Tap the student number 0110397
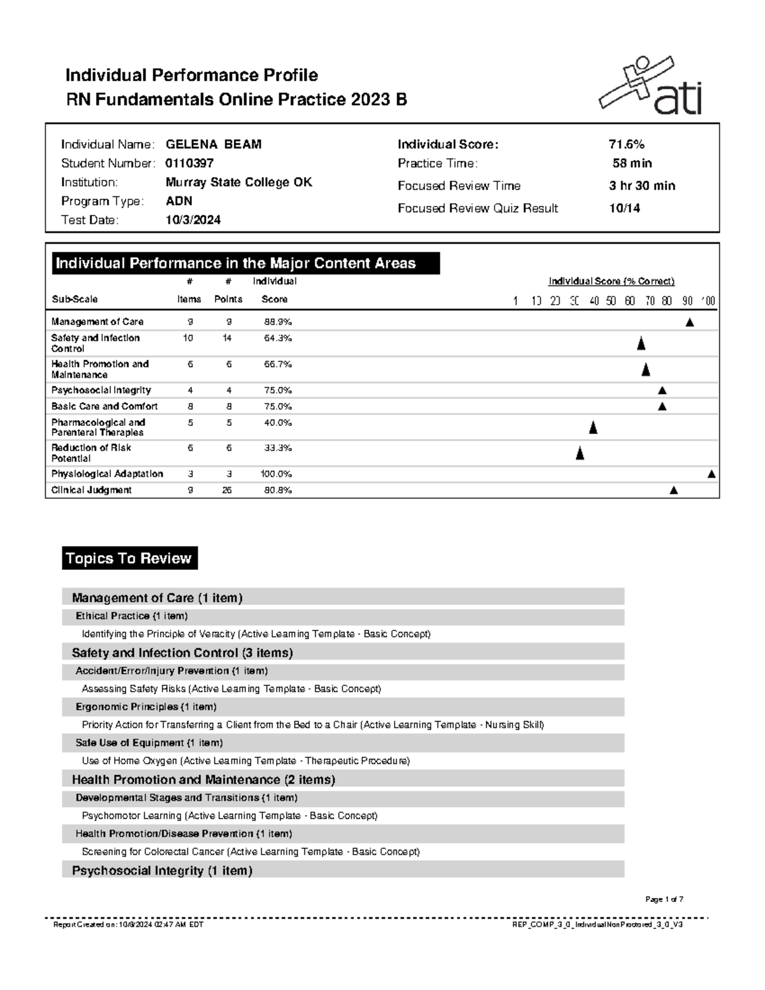tap(189, 163)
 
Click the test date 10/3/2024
tap(193, 220)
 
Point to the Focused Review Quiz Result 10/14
tap(624, 208)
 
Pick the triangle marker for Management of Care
tap(689, 323)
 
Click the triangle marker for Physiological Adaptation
tap(711, 474)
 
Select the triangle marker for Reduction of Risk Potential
tap(579, 454)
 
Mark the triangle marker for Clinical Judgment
tap(673, 490)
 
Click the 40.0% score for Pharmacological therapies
tap(278, 423)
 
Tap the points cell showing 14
tap(228, 338)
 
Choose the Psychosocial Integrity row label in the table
tap(101, 390)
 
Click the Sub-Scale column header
tap(75, 299)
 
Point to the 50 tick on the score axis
tap(611, 301)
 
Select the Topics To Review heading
tap(129, 558)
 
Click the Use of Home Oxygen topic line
tap(245, 761)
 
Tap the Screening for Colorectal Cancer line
tap(251, 852)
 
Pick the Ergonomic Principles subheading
tap(146, 707)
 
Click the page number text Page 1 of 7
tap(664, 899)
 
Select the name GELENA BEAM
tap(214, 145)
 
